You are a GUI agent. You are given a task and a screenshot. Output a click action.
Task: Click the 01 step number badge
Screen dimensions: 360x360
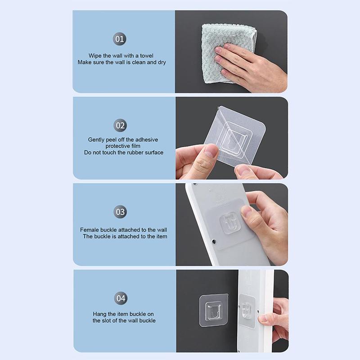[120, 39]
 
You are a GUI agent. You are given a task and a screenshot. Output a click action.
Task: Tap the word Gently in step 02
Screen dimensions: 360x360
[96, 140]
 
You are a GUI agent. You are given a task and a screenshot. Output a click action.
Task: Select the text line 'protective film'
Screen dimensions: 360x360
[123, 146]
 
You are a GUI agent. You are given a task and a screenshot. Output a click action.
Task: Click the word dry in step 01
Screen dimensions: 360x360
[162, 62]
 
